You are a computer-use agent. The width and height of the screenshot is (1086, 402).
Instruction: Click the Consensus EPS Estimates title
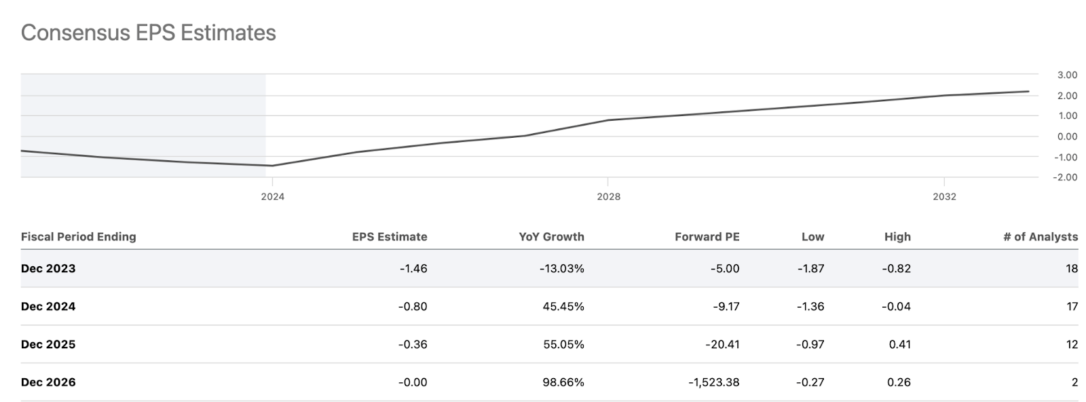pyautogui.click(x=148, y=33)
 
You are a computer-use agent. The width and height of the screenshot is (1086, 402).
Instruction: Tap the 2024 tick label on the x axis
pyautogui.click(x=272, y=196)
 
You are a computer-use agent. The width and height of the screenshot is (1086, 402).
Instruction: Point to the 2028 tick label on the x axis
pyautogui.click(x=608, y=196)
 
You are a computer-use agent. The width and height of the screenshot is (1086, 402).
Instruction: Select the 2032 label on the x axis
pyautogui.click(x=944, y=196)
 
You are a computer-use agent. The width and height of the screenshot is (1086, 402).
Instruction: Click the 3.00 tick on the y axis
pyautogui.click(x=1067, y=75)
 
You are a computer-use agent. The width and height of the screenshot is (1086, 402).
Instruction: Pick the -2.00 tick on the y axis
pyautogui.click(x=1066, y=177)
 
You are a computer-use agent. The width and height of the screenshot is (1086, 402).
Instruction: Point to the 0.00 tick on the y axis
pyautogui.click(x=1067, y=136)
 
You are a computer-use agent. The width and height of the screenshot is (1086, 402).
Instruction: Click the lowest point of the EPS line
pyautogui.click(x=271, y=166)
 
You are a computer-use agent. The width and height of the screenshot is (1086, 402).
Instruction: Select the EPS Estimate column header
pyautogui.click(x=389, y=237)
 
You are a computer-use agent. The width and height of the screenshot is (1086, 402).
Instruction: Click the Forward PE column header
pyautogui.click(x=707, y=237)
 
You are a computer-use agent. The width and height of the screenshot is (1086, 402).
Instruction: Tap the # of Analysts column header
pyautogui.click(x=1040, y=237)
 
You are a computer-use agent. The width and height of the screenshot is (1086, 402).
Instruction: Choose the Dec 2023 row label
pyautogui.click(x=48, y=268)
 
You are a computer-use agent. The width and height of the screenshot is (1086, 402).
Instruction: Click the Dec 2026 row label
pyautogui.click(x=48, y=382)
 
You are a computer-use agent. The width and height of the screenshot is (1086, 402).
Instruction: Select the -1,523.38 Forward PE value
pyautogui.click(x=713, y=382)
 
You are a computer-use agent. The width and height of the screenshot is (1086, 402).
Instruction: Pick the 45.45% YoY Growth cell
pyautogui.click(x=563, y=306)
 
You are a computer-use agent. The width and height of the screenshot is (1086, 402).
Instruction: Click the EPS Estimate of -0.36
pyautogui.click(x=413, y=344)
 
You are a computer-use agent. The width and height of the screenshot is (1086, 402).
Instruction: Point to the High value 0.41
pyautogui.click(x=899, y=344)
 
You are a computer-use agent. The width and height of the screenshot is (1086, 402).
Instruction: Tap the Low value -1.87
pyautogui.click(x=810, y=268)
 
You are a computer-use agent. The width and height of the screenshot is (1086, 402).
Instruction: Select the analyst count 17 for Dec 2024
pyautogui.click(x=1072, y=306)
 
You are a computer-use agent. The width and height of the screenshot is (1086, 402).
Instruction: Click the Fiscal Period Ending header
pyautogui.click(x=78, y=237)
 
